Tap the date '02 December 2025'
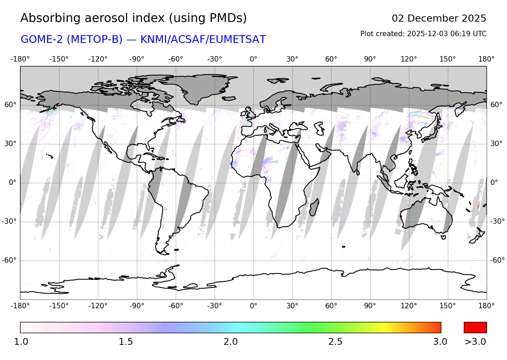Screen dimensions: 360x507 coord(439,18)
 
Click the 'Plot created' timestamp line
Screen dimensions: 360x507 coord(423,34)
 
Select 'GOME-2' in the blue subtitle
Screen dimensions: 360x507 coord(43,40)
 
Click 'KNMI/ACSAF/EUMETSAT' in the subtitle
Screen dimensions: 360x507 coord(203,40)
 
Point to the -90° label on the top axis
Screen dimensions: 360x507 coord(137,59)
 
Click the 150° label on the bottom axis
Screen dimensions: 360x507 coord(448,306)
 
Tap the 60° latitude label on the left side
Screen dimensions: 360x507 coord(10,105)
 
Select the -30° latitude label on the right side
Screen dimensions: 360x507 coord(497,221)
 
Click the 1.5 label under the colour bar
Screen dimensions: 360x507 coord(126,342)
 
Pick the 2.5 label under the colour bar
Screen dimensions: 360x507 coord(335,342)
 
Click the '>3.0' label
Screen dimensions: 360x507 coord(475,342)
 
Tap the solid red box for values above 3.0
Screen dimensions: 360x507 coord(475,328)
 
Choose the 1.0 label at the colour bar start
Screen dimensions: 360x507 coord(21,342)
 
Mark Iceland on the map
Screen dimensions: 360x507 coord(230,98)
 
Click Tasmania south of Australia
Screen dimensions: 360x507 coord(443,238)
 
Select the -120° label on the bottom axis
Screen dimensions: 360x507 coord(98,306)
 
